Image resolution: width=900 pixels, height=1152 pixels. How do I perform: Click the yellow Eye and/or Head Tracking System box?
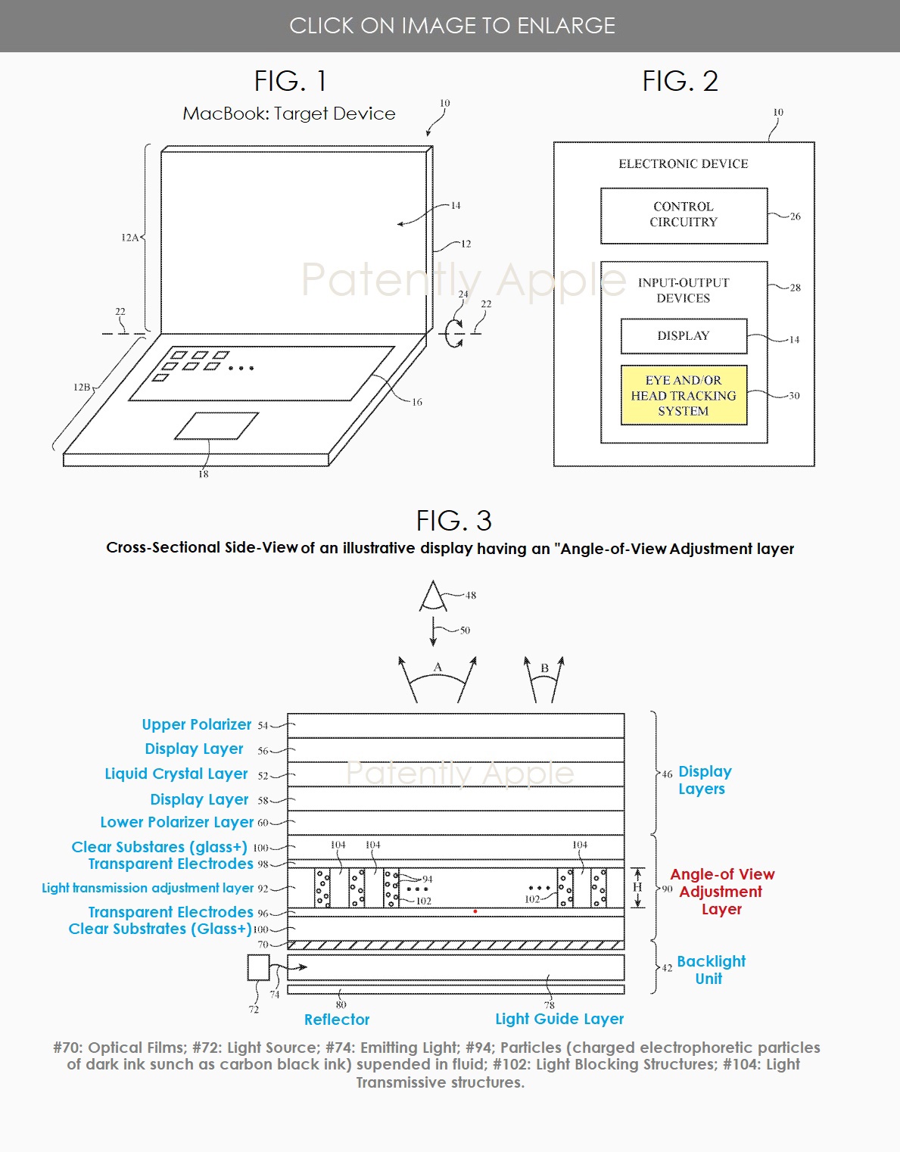[x=684, y=395]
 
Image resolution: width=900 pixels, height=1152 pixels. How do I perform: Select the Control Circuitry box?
[x=684, y=215]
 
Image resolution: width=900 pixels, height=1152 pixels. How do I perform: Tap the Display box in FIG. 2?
[x=684, y=336]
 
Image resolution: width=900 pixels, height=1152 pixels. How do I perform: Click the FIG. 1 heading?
[x=290, y=81]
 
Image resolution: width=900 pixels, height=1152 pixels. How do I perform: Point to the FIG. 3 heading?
[x=453, y=521]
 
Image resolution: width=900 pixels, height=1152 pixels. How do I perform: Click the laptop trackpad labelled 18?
[x=216, y=426]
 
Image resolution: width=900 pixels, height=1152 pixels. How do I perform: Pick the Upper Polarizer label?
[x=196, y=724]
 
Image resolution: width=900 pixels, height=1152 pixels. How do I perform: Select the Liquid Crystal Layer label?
[x=176, y=774]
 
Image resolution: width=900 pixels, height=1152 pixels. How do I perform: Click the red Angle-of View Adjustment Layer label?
[x=721, y=892]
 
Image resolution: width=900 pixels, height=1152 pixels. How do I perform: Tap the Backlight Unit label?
[x=710, y=970]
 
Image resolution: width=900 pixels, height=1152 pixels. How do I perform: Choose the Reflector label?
[x=337, y=1020]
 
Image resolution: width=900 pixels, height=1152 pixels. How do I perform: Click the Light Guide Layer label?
[x=559, y=1019]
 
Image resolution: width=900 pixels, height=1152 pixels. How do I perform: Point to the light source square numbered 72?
[x=258, y=967]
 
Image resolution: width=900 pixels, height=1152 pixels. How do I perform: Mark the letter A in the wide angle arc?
[x=438, y=668]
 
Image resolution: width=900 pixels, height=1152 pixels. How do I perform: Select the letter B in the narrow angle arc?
[x=544, y=668]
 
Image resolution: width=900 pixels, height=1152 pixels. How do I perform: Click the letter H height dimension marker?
[x=637, y=887]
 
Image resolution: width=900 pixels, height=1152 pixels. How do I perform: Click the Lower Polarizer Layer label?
[x=177, y=822]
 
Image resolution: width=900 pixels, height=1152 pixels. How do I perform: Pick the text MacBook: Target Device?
[x=289, y=114]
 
